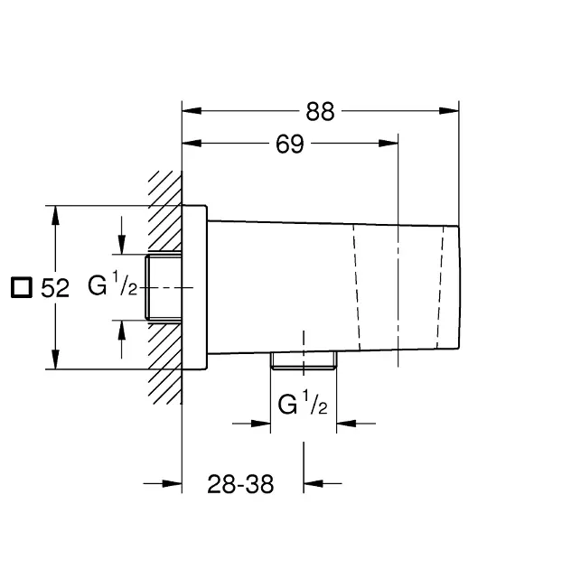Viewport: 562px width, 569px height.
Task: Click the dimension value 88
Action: click(320, 111)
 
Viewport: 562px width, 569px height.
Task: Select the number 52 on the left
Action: click(56, 288)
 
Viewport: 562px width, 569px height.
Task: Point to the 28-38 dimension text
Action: click(239, 485)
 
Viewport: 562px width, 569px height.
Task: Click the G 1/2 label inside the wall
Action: click(112, 286)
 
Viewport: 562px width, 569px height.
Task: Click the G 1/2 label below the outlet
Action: click(303, 404)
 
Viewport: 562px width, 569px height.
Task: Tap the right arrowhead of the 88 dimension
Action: click(454, 111)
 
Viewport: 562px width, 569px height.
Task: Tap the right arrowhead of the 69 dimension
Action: click(390, 144)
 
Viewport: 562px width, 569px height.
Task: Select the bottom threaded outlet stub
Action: click(303, 361)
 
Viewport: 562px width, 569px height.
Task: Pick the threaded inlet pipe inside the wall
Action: click(164, 286)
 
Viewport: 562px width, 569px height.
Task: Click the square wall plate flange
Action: click(195, 287)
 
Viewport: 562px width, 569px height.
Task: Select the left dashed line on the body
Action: click(355, 286)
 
